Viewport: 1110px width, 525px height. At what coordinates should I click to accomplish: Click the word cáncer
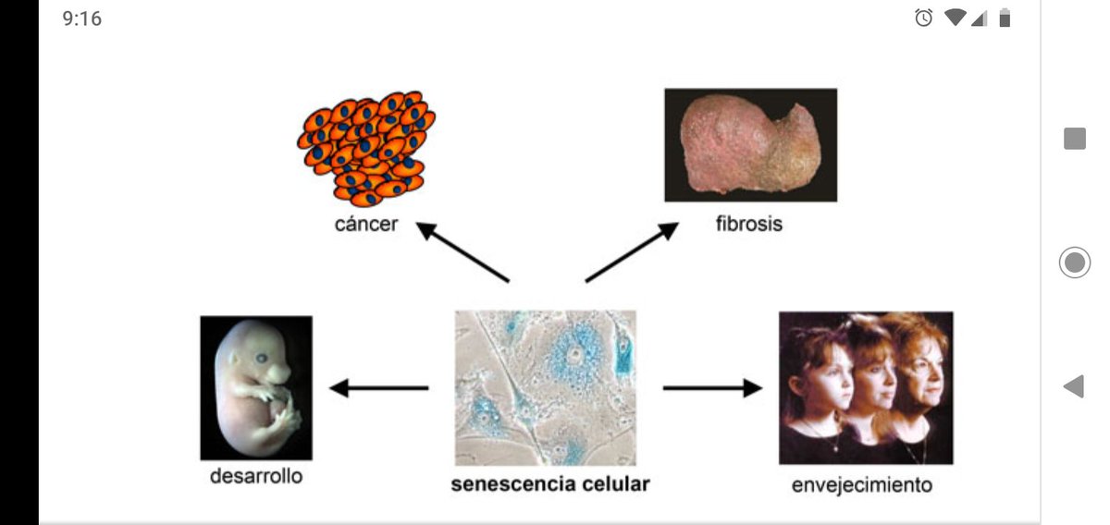[x=366, y=225]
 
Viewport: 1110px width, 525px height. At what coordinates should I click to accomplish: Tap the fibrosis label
[x=749, y=224]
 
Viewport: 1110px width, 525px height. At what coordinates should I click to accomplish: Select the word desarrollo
[x=256, y=476]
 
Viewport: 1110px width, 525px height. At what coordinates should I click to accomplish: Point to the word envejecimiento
[x=862, y=485]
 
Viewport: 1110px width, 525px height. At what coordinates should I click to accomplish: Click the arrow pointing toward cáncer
[x=462, y=252]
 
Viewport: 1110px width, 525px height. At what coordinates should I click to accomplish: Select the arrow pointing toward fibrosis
[x=632, y=252]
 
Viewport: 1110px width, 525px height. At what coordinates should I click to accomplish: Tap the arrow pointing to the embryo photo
[x=379, y=388]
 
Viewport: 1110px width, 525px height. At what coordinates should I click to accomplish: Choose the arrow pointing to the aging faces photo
[x=712, y=388]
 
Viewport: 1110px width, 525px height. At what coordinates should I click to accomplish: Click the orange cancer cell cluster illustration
[x=366, y=148]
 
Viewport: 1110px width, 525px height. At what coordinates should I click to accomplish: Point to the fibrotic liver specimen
[x=751, y=145]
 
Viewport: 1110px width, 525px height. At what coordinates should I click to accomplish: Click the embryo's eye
[x=262, y=358]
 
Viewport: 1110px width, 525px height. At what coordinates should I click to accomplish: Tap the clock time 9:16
[x=81, y=18]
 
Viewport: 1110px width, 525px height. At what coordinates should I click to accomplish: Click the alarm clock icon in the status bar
[x=924, y=18]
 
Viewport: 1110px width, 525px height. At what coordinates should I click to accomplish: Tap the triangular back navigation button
[x=1074, y=385]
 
